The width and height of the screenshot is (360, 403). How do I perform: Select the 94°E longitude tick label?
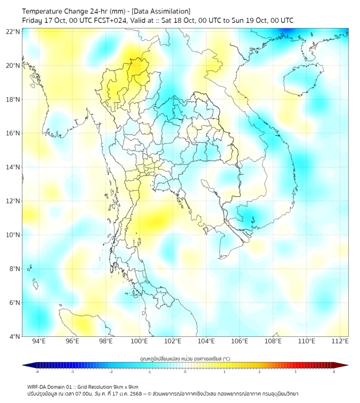pyautogui.click(x=39, y=341)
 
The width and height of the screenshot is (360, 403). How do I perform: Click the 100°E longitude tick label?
pyautogui.click(x=140, y=341)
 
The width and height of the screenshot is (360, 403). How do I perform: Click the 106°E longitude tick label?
pyautogui.click(x=240, y=341)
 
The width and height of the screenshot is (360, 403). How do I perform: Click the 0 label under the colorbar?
pyautogui.click(x=185, y=372)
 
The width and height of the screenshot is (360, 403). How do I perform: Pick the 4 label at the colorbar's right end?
pyautogui.click(x=334, y=372)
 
